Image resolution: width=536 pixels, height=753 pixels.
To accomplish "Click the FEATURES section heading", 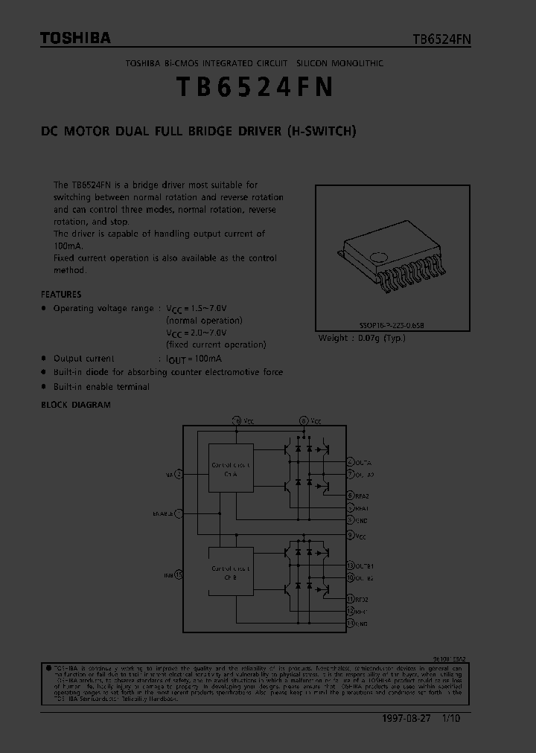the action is pos(61,294).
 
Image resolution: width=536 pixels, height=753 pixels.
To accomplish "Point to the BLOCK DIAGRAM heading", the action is pos(75,405).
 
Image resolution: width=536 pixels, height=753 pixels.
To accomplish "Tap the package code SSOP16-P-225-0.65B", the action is pos(392,326).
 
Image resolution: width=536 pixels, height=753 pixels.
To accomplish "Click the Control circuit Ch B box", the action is pos(231,571).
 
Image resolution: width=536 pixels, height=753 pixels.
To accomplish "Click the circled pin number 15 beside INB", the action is pos(178,575).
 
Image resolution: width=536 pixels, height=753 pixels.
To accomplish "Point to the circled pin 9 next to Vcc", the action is pos(350,536).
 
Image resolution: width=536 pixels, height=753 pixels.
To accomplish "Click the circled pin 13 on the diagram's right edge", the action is pos(350,565).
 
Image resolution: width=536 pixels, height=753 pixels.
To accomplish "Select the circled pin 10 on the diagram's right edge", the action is pos(350,577).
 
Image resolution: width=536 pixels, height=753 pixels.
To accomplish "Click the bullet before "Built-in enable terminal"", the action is pos(44,387).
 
